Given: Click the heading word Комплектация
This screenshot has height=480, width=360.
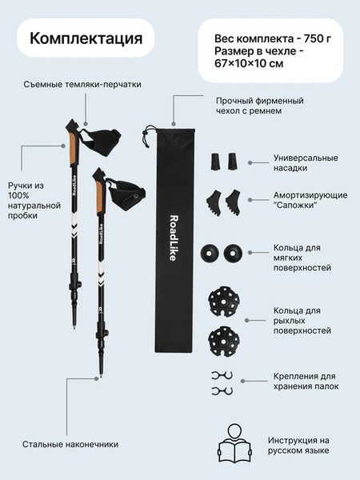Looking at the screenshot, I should [86, 39].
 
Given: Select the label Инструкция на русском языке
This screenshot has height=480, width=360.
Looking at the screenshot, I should [298, 445].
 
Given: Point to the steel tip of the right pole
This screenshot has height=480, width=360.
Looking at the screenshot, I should [102, 369].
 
